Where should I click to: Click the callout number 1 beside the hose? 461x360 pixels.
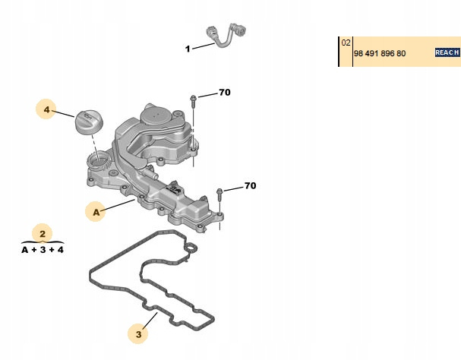click(x=188, y=49)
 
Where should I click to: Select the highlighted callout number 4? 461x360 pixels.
click(x=46, y=109)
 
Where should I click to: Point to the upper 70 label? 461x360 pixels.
click(x=225, y=93)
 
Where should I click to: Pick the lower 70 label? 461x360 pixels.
click(x=250, y=185)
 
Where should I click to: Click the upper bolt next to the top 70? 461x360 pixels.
click(x=193, y=102)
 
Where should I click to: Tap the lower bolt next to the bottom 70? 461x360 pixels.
click(x=219, y=195)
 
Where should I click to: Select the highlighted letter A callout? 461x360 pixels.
click(x=96, y=212)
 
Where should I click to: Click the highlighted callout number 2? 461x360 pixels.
click(x=43, y=234)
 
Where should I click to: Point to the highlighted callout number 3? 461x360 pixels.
click(x=138, y=334)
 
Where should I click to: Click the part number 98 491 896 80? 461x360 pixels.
click(x=380, y=53)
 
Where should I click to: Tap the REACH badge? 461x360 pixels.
click(x=447, y=52)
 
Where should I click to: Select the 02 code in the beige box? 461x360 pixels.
click(x=346, y=43)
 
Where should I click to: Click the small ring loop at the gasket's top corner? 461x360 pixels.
click(x=191, y=248)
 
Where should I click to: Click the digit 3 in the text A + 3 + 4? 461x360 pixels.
click(x=43, y=250)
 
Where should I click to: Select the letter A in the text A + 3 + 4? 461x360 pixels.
click(x=25, y=250)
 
